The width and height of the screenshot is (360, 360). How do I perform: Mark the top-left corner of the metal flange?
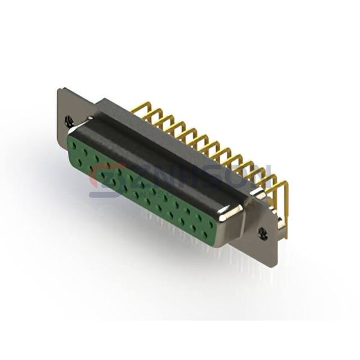click(x=58, y=89)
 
